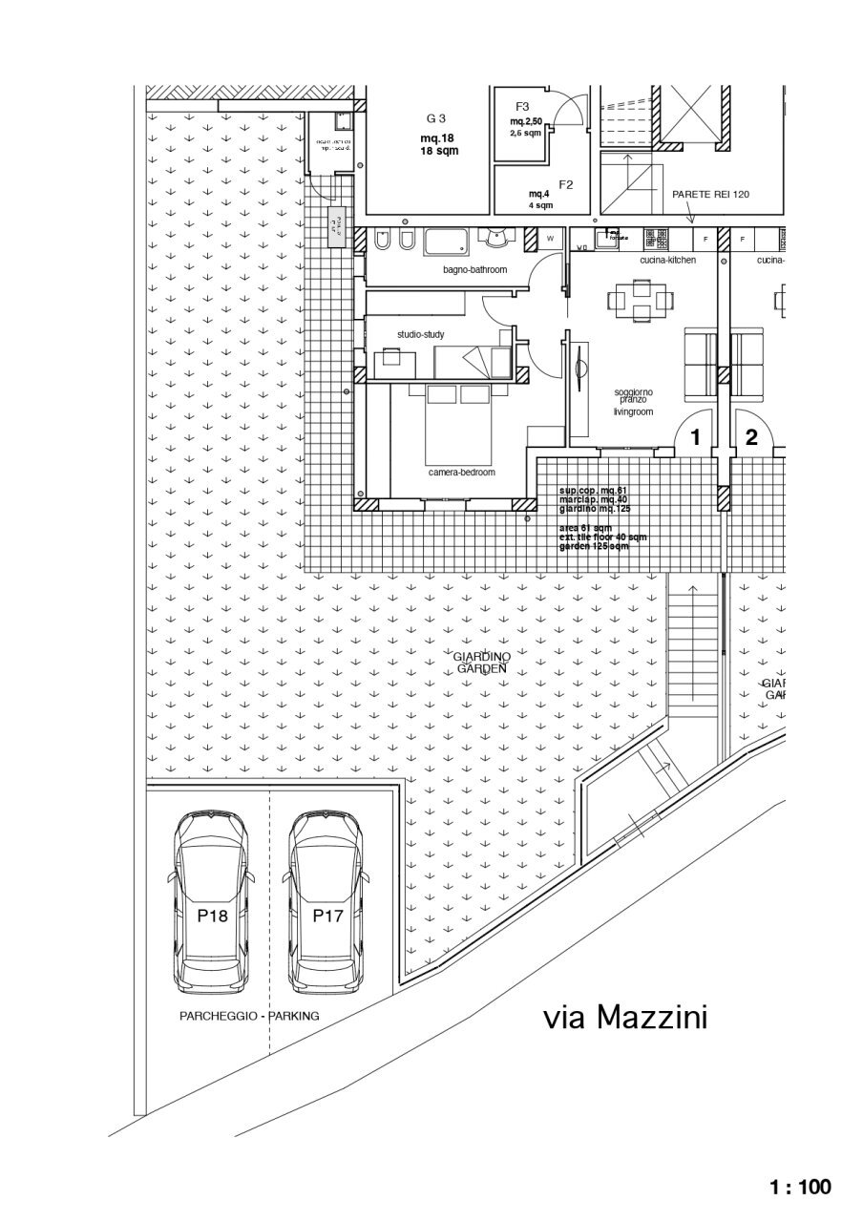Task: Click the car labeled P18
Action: pyautogui.click(x=212, y=902)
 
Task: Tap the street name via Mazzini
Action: pyautogui.click(x=625, y=1018)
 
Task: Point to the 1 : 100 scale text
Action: pyautogui.click(x=800, y=1187)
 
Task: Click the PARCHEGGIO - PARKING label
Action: pyautogui.click(x=249, y=1017)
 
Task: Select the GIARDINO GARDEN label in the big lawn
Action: pyautogui.click(x=481, y=663)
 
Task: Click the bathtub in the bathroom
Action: pyautogui.click(x=447, y=242)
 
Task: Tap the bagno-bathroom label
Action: pyautogui.click(x=474, y=270)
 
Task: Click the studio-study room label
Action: pyautogui.click(x=420, y=334)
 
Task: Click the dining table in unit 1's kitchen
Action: pyautogui.click(x=641, y=300)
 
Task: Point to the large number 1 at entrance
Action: pyautogui.click(x=695, y=438)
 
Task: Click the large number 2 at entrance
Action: pyautogui.click(x=751, y=438)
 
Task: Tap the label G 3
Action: pyautogui.click(x=436, y=118)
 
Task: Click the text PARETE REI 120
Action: pyautogui.click(x=710, y=194)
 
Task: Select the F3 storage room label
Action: pyautogui.click(x=522, y=106)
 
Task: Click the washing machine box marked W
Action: pyautogui.click(x=551, y=239)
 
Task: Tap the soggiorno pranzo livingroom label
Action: pyautogui.click(x=632, y=402)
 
